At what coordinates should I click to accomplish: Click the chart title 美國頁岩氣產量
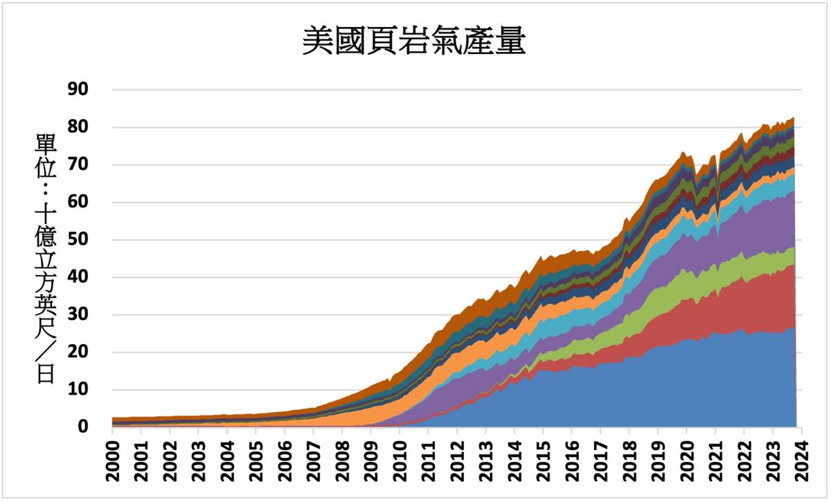tap(413, 42)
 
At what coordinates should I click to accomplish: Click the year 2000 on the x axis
tap(112, 462)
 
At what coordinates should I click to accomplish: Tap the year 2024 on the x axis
tap(801, 462)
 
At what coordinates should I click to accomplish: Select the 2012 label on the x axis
tap(456, 462)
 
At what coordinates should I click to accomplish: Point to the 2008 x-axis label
tap(341, 462)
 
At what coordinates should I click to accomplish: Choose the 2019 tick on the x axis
tap(657, 462)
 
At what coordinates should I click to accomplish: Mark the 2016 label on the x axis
tap(571, 462)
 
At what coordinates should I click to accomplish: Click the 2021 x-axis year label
tap(715, 462)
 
